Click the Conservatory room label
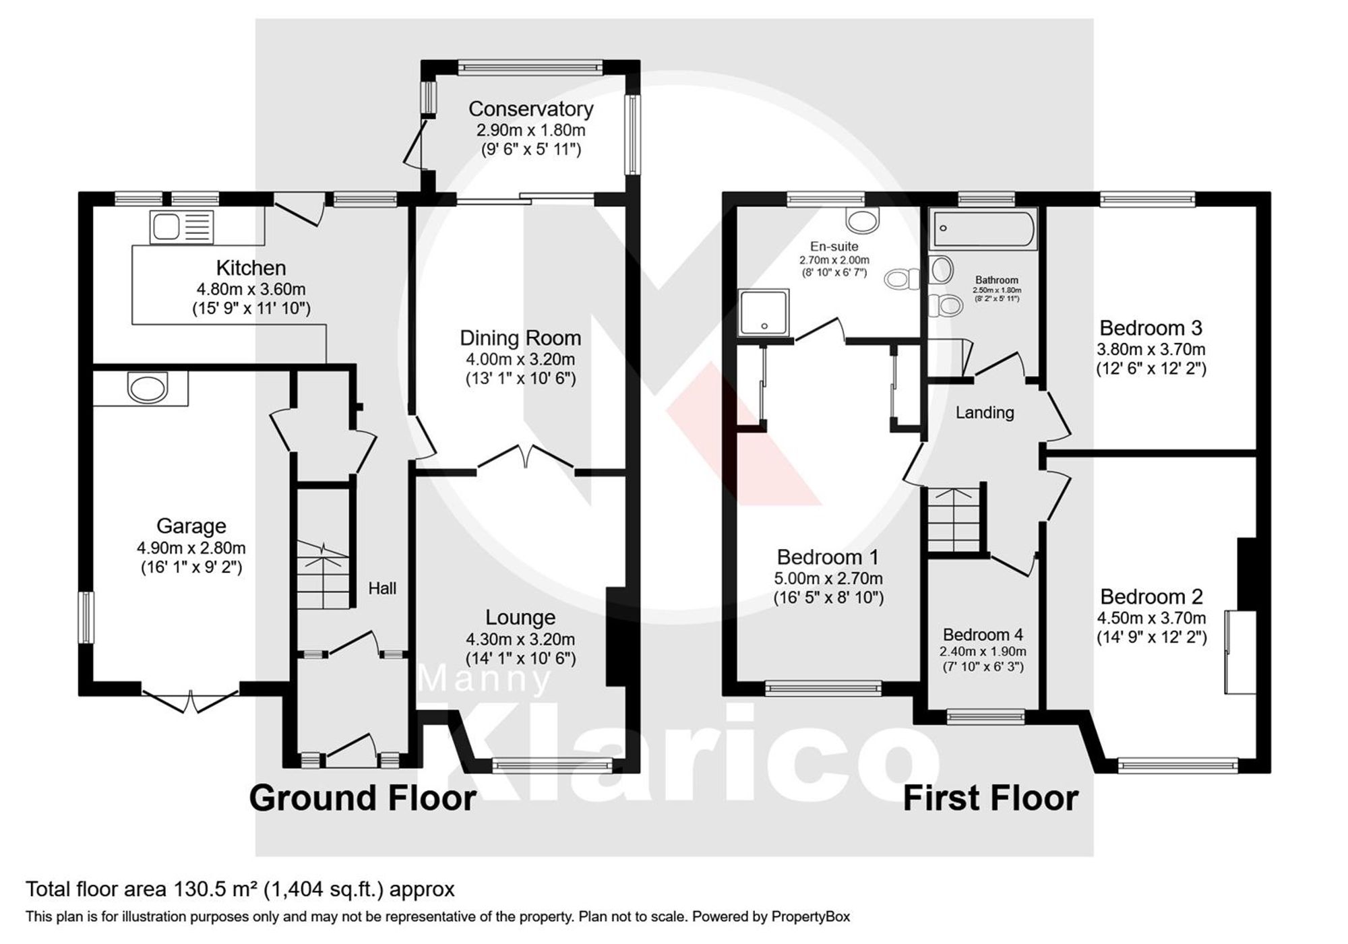(530, 108)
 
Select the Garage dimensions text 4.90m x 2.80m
(191, 548)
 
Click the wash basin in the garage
(146, 389)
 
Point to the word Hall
(382, 588)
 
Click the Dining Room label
(520, 338)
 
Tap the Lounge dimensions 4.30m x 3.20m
(520, 639)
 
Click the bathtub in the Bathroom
(984, 229)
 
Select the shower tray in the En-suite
(764, 312)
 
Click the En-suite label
(834, 247)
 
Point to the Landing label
(985, 412)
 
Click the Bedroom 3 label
(1151, 328)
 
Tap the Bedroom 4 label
(983, 634)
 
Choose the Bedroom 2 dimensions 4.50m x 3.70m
(1151, 618)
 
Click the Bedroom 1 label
(828, 557)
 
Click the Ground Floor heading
(363, 798)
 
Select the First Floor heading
(990, 798)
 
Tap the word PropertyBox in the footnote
(810, 916)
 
